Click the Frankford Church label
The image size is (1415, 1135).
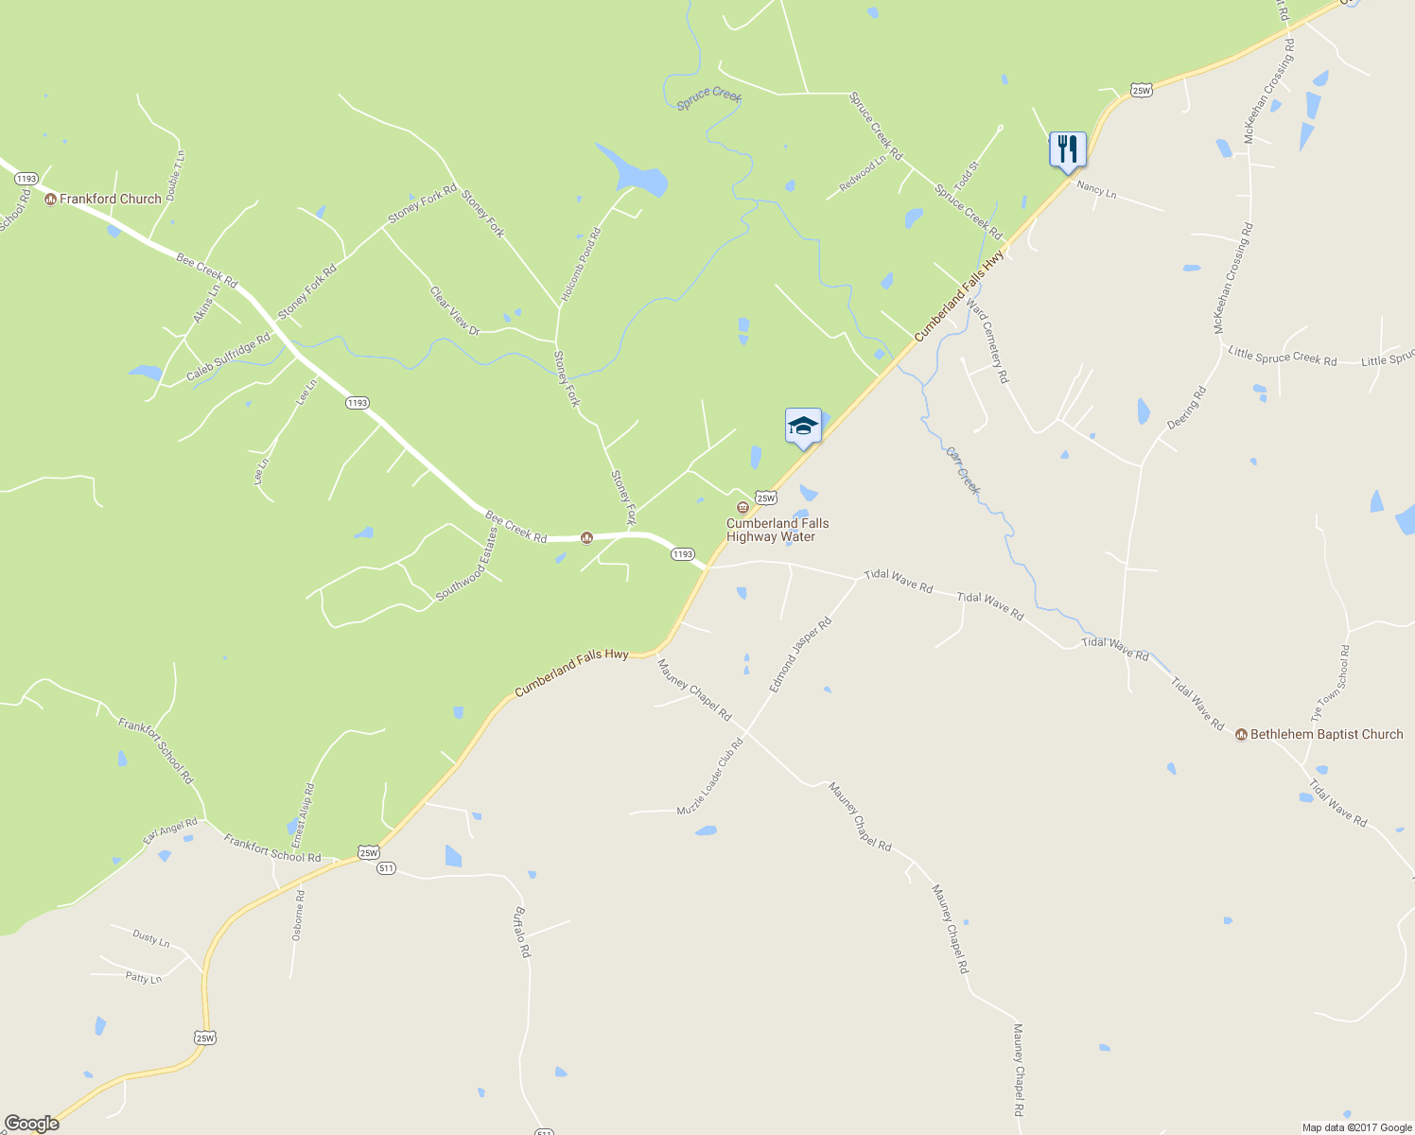(110, 199)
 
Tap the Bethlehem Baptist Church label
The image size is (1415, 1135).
(1326, 734)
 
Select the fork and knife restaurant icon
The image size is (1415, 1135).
(1067, 148)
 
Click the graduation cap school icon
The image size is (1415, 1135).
(803, 426)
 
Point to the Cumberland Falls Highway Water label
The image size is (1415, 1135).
(777, 530)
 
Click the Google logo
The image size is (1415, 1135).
(31, 1124)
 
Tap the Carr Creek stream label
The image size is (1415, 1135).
(963, 470)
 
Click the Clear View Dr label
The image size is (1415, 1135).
(455, 311)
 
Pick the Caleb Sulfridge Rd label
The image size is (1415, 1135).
(228, 357)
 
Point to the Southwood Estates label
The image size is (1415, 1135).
(466, 565)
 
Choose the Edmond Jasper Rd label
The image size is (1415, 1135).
(800, 655)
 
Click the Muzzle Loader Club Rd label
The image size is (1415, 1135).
(710, 777)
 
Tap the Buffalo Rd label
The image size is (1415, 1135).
(521, 933)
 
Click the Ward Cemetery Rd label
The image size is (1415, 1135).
(988, 344)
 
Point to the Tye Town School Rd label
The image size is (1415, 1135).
(1331, 684)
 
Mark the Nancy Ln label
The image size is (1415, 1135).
(1096, 189)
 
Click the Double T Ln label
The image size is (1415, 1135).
(175, 175)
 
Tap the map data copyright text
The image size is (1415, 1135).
(1356, 1127)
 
